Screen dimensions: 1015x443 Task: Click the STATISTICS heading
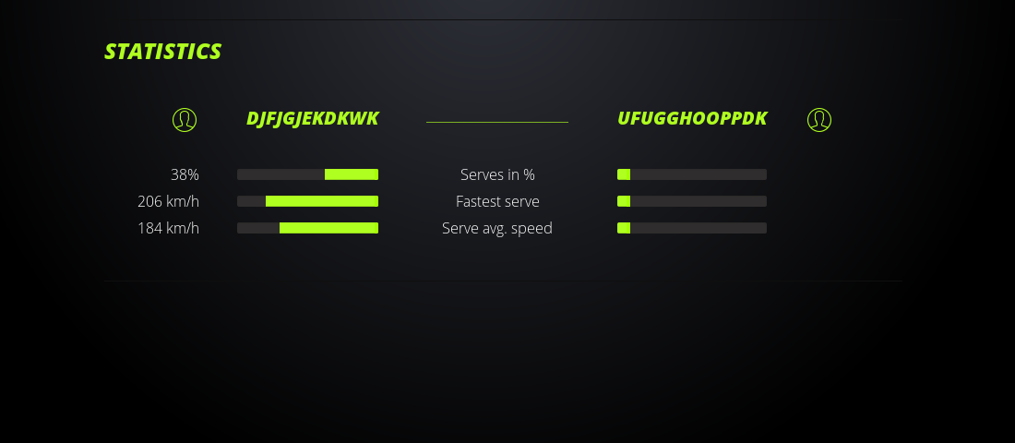pos(162,51)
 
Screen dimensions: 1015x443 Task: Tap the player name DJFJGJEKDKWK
pos(312,118)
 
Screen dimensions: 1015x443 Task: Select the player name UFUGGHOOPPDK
pos(692,118)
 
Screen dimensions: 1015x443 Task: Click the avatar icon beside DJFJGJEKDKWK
pos(185,120)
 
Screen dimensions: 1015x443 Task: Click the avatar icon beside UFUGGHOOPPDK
pos(819,120)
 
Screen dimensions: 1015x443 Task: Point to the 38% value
pos(185,174)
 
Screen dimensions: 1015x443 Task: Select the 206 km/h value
pos(168,201)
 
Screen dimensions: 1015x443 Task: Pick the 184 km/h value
pos(168,228)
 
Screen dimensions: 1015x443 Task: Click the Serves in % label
pos(497,174)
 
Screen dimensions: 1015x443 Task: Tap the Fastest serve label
pos(497,201)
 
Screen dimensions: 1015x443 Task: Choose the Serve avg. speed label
pos(497,228)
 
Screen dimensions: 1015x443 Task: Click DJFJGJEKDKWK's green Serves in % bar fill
pos(352,174)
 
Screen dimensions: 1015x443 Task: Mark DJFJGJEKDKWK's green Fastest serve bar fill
pos(322,201)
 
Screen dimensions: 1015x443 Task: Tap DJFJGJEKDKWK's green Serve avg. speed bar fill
pos(328,228)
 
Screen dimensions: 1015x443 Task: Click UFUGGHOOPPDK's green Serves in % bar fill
pos(624,174)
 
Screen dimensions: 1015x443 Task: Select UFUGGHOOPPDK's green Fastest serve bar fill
pos(624,201)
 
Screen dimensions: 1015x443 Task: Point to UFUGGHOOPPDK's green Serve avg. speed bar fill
pos(624,228)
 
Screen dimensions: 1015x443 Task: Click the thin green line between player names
pos(497,122)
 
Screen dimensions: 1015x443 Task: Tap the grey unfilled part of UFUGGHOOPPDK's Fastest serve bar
pos(699,201)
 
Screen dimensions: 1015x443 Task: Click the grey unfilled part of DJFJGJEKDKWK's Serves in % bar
pos(281,174)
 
